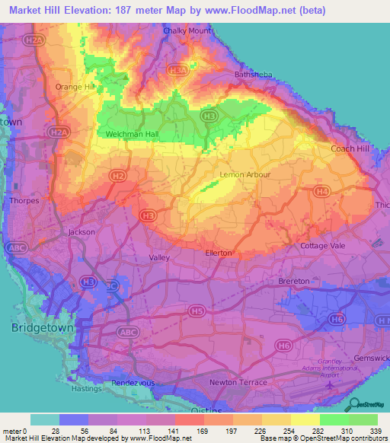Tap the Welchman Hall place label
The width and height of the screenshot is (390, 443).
point(133,135)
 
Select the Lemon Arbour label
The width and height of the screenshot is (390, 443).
point(241,175)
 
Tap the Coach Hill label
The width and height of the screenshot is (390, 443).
point(350,148)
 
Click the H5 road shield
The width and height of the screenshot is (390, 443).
point(197,311)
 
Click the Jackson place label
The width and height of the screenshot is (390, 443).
point(82,231)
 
